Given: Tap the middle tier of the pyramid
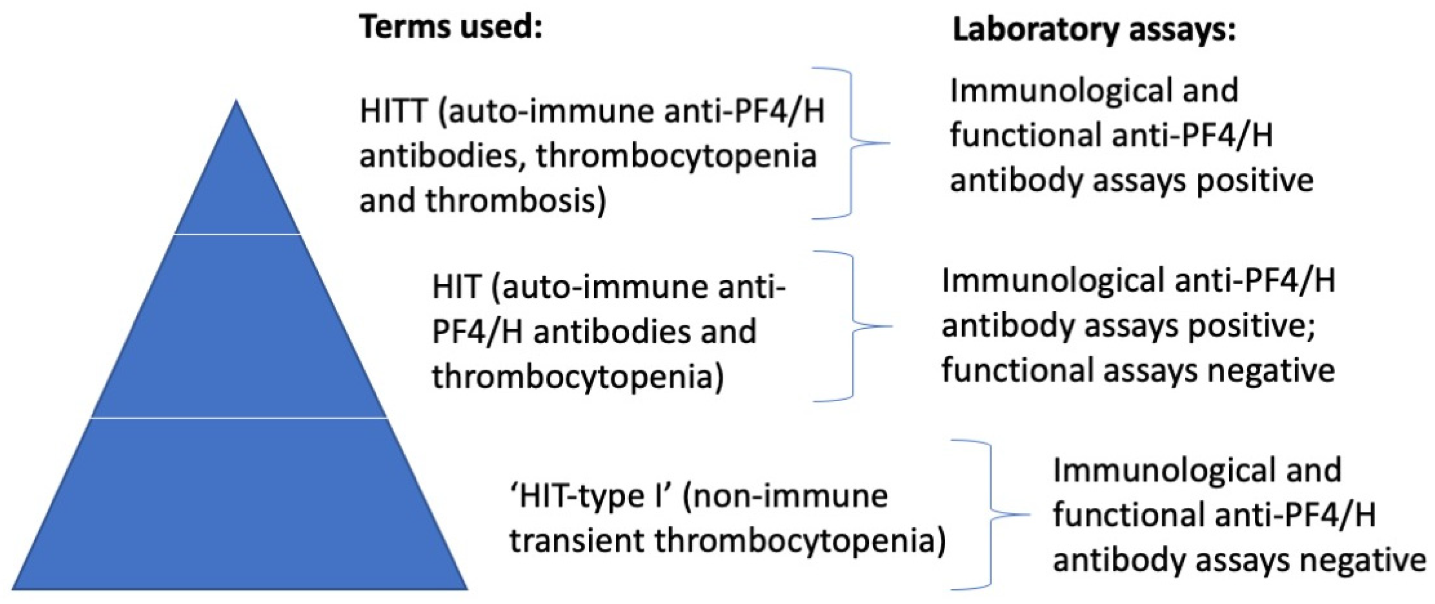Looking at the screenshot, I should pyautogui.click(x=239, y=328).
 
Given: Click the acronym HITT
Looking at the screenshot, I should pyautogui.click(x=393, y=112).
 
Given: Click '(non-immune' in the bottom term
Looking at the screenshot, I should pyautogui.click(x=785, y=495).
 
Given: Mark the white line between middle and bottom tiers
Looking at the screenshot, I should pyautogui.click(x=239, y=418).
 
